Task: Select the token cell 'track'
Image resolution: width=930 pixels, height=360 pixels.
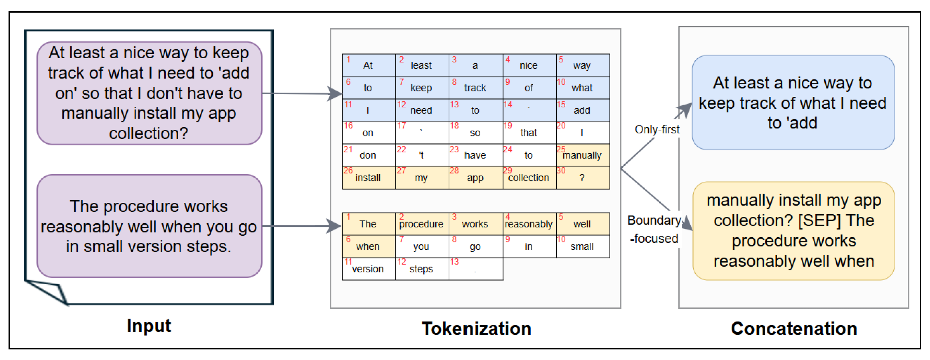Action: click(476, 88)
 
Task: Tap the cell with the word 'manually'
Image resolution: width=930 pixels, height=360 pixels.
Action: click(583, 155)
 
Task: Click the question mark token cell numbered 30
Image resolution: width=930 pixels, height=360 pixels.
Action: click(583, 178)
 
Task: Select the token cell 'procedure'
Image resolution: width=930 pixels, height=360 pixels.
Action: click(422, 224)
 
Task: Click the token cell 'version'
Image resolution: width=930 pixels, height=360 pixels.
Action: click(369, 269)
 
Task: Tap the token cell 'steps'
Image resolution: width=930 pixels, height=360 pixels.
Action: click(422, 269)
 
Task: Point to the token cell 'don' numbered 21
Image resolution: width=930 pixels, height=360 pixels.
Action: click(369, 155)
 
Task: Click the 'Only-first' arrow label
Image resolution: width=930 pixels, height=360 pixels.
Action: click(657, 129)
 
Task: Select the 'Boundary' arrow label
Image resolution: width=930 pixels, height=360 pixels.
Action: click(654, 220)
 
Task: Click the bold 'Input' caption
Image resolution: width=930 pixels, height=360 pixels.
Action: click(149, 326)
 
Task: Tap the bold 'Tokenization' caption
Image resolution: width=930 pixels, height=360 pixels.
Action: click(476, 329)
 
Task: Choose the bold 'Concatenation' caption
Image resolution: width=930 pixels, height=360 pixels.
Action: click(794, 329)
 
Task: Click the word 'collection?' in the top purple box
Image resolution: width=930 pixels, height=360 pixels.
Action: click(149, 134)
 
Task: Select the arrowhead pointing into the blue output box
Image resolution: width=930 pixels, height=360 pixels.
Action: click(685, 110)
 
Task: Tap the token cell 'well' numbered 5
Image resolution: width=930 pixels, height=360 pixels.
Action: click(583, 224)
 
